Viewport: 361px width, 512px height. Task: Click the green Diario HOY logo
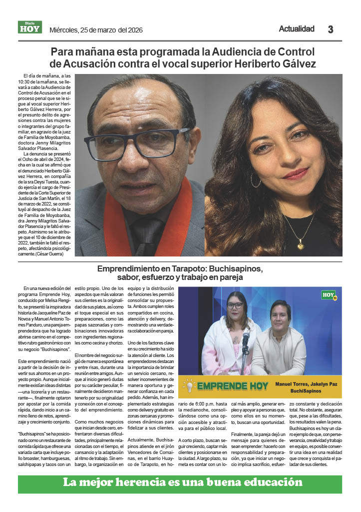tap(30, 27)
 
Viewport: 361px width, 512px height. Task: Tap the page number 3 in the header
tap(330, 29)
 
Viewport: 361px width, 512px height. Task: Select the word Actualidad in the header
tap(297, 29)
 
